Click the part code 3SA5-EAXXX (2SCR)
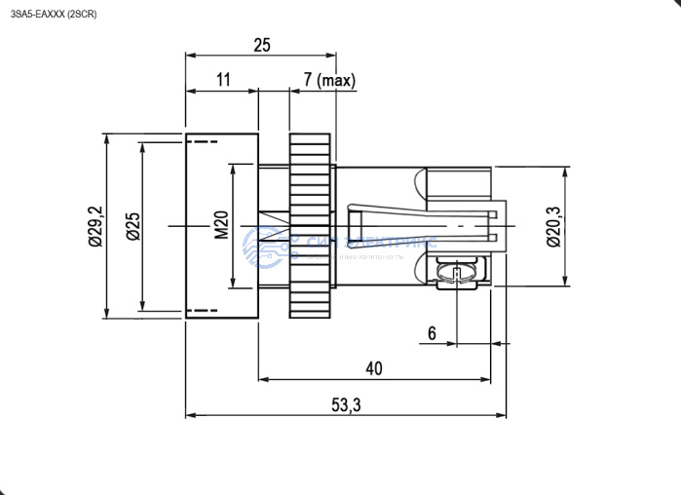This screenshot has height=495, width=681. tap(53, 14)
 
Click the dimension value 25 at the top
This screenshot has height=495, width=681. tap(260, 45)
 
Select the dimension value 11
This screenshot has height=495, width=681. tap(222, 80)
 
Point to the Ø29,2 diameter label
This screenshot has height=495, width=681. tap(95, 226)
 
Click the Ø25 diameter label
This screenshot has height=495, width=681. tap(132, 226)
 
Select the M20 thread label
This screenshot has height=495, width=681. tap(221, 226)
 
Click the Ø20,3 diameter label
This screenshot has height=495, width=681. tap(551, 226)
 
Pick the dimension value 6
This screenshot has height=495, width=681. tap(433, 332)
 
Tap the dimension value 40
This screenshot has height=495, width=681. tap(373, 368)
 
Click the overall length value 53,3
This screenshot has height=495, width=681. tap(346, 405)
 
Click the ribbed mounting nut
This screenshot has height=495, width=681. tap(311, 226)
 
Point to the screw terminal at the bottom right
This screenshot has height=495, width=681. tap(455, 273)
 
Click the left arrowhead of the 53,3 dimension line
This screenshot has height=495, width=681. tap(189, 415)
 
